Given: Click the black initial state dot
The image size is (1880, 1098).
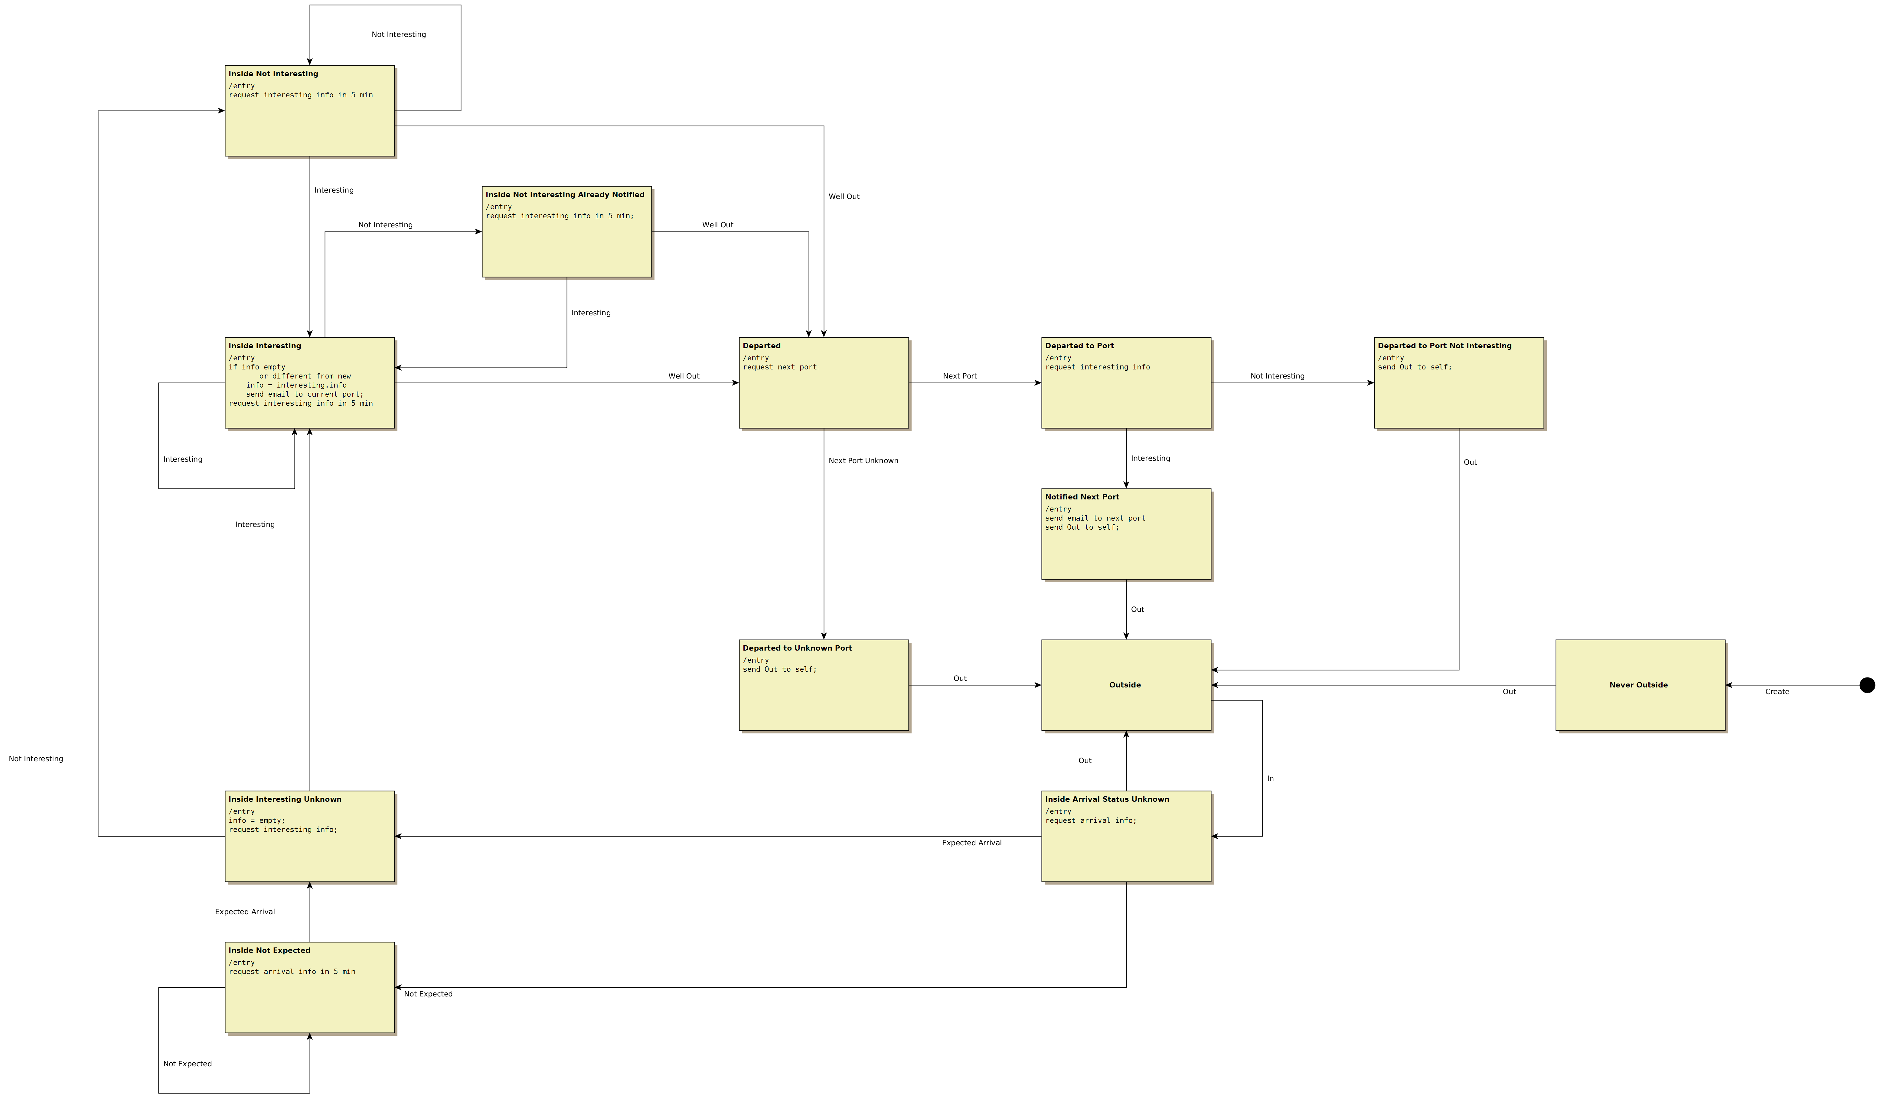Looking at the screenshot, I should coord(1867,685).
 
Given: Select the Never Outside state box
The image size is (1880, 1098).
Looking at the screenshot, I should coord(1640,685).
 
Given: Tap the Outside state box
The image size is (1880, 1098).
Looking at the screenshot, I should coord(1126,685).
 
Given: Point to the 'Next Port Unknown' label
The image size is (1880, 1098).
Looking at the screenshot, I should coord(863,460).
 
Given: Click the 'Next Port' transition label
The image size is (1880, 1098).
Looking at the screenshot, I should coord(959,376).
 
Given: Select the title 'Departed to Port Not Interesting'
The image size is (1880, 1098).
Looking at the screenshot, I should coord(1444,345).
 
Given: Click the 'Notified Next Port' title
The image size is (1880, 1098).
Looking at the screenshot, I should coord(1082,497).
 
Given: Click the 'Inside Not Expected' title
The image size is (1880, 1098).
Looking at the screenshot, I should coord(269,950).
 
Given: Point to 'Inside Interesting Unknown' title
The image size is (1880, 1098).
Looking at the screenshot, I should coord(285,799).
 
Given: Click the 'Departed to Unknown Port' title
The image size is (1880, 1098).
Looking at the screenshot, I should coord(797,648).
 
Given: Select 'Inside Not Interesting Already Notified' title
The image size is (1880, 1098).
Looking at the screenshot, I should coord(565,195).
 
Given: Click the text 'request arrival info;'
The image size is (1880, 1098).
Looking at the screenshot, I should coord(1091,820).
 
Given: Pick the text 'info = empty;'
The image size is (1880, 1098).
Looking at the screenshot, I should coord(257,820).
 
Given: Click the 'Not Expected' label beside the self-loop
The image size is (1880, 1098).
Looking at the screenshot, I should coord(187,1064).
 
